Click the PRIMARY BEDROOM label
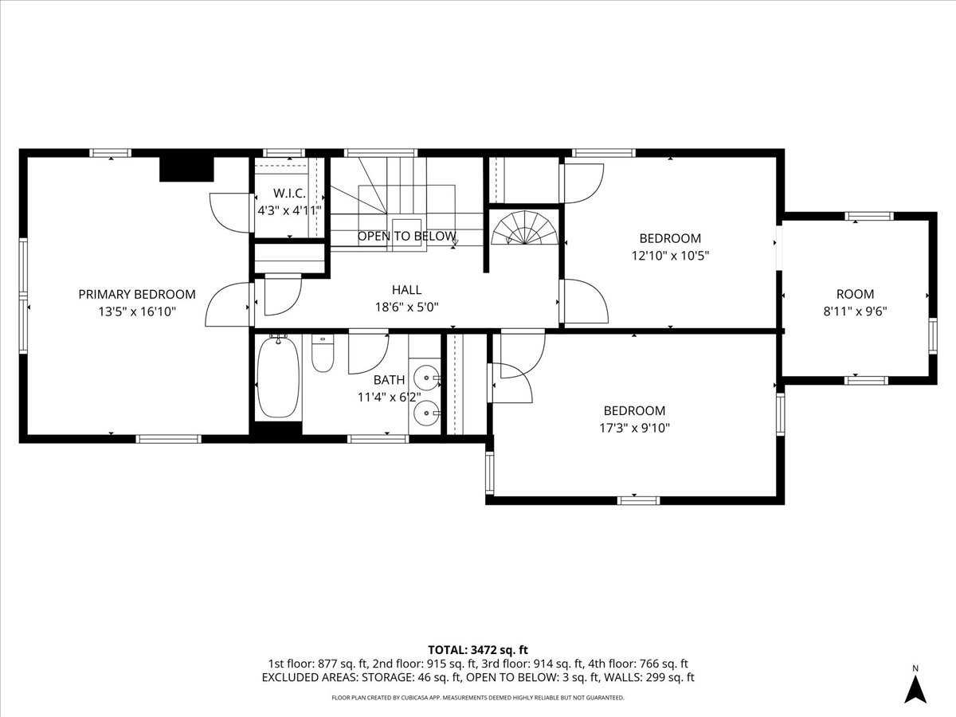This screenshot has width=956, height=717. coord(136,295)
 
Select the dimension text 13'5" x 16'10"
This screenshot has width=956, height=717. coord(136,312)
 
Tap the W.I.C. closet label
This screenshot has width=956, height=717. coord(289,194)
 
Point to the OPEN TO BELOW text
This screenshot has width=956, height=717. coord(406,237)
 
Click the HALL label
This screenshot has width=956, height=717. coord(406,290)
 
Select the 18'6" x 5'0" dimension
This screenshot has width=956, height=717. coord(406,307)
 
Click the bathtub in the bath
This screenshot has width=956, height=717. coord(279,378)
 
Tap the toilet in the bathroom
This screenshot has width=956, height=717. coord(323,355)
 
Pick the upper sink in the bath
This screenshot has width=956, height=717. coord(427,378)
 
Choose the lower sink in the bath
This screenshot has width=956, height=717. coord(427,412)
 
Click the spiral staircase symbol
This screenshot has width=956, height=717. coord(524,229)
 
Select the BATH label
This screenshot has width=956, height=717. coord(389,380)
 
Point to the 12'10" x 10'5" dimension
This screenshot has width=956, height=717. coord(670,256)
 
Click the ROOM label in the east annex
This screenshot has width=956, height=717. coord(855,294)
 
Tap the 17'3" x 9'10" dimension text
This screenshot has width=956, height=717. coord(634,428)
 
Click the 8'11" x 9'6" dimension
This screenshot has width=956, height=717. coord(855,311)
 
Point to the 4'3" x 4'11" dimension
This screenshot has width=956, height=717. coord(289,211)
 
